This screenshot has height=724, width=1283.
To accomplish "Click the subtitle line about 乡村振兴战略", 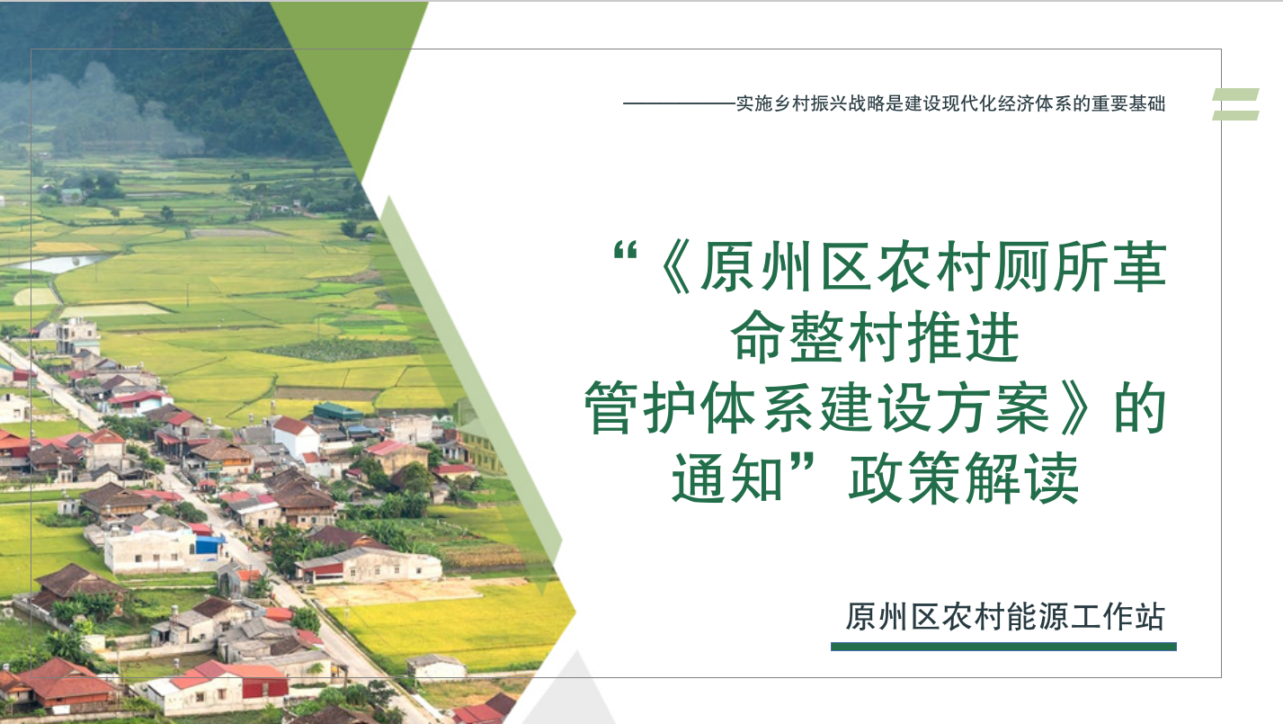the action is (951, 103).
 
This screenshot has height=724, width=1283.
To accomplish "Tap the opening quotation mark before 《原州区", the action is (625, 253).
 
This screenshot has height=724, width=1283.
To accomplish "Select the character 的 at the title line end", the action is (1140, 407).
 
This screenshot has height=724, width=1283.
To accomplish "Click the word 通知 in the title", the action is (726, 478).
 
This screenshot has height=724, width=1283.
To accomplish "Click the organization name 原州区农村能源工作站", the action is (1004, 617).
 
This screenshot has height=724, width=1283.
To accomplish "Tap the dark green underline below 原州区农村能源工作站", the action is (1003, 647).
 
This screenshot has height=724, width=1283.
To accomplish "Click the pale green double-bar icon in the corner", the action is (1235, 104).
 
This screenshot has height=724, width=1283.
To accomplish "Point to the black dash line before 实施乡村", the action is (680, 103).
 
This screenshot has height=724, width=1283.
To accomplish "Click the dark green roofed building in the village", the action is (337, 411).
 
